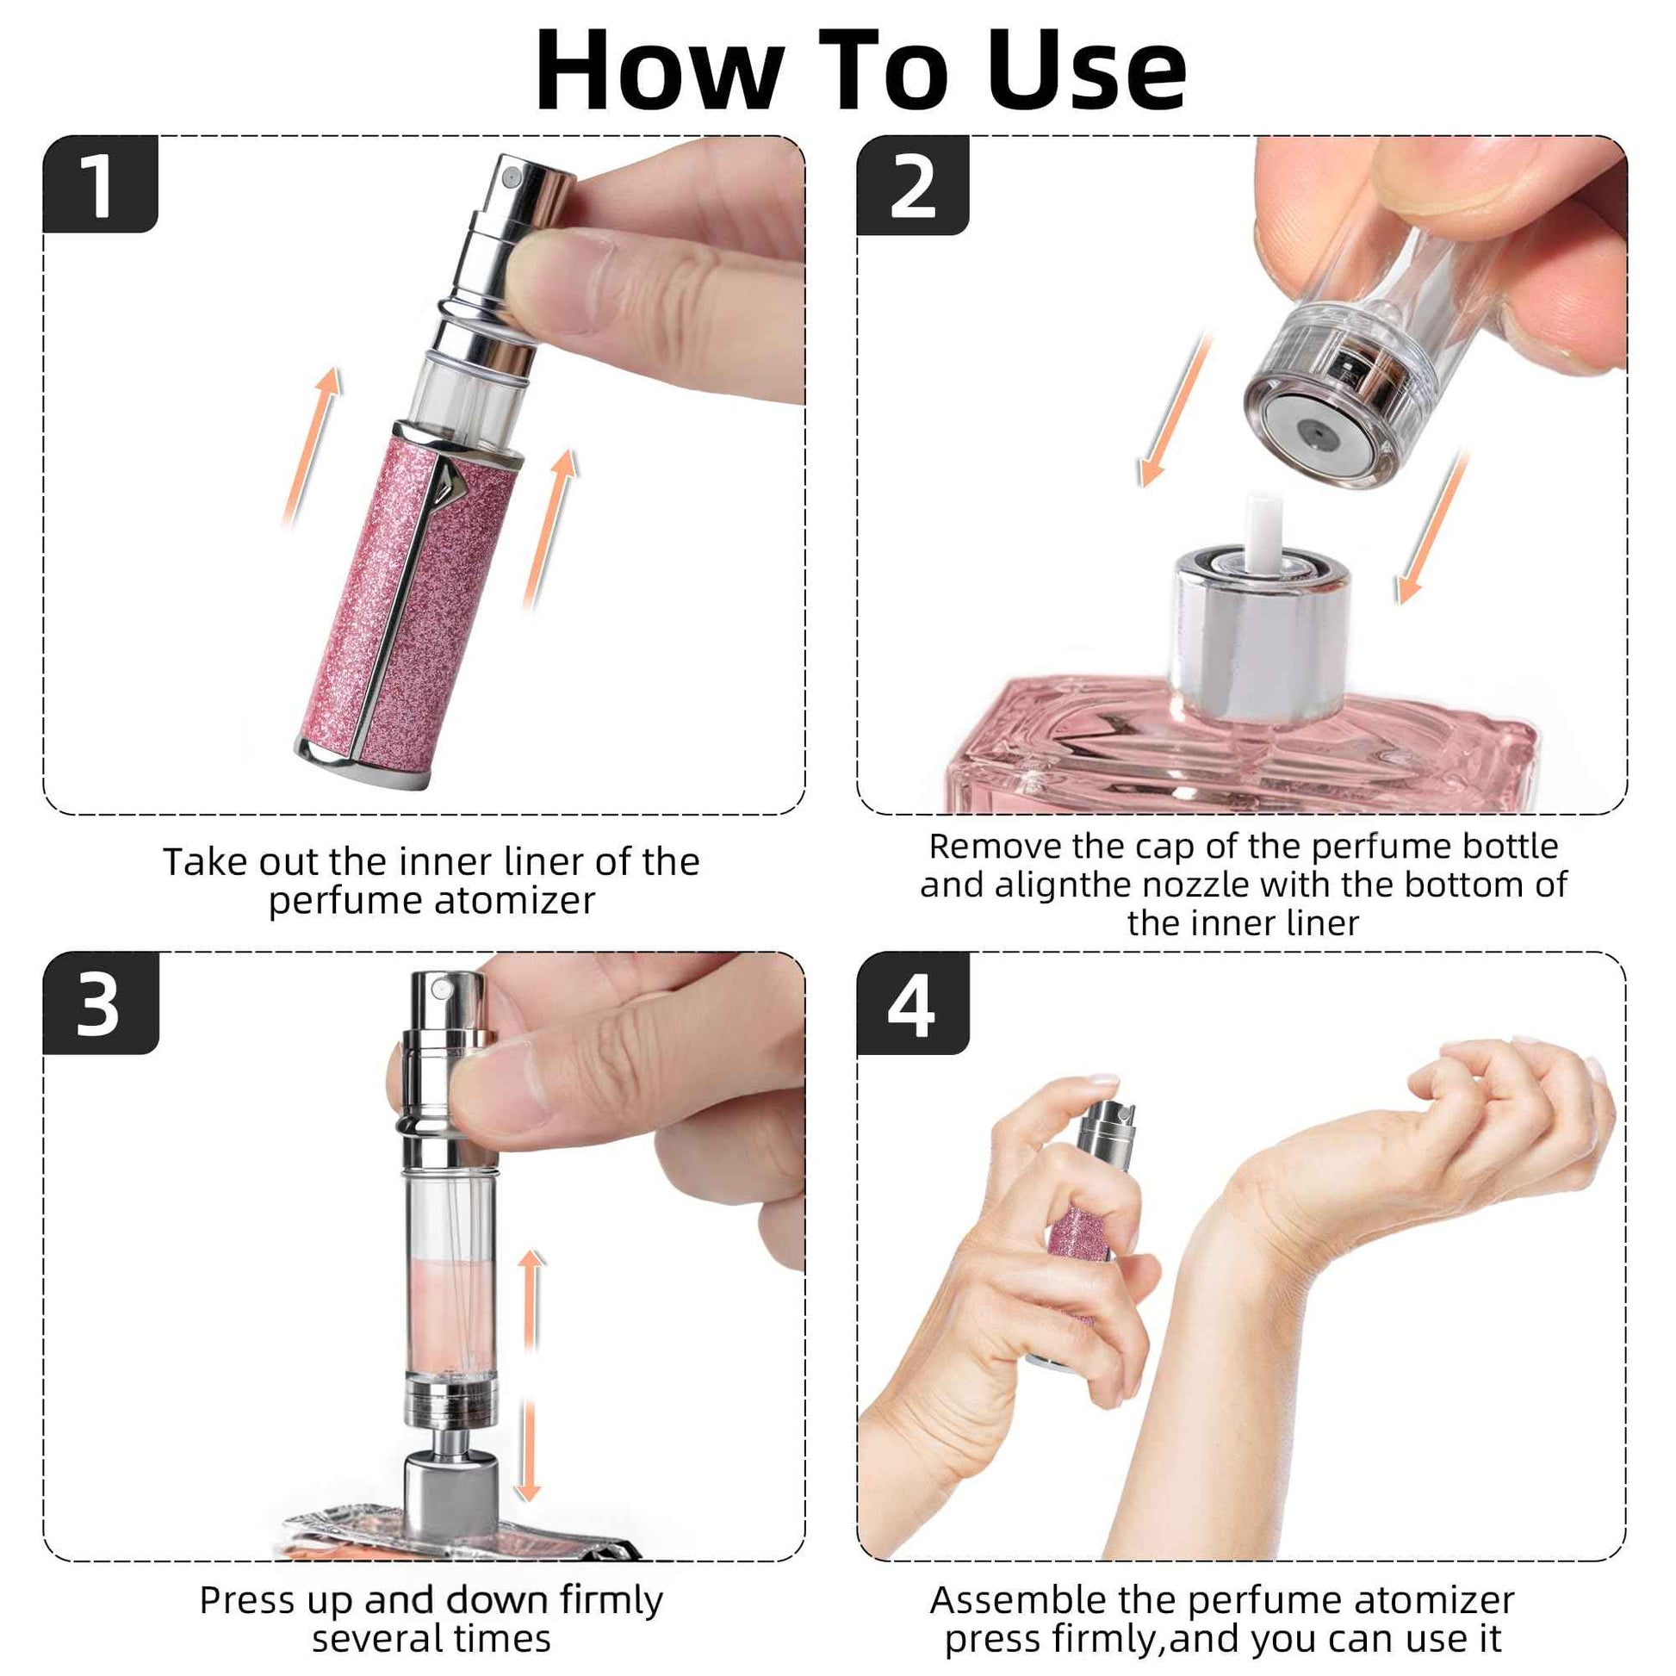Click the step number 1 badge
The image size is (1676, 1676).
(100, 185)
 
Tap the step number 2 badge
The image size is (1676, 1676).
(913, 186)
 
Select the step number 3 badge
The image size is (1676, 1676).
(100, 1003)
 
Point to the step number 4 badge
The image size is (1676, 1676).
(913, 1003)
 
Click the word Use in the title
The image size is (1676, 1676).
(1086, 71)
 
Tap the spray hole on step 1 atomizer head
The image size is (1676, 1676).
(510, 177)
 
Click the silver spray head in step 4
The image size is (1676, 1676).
(1106, 1132)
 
